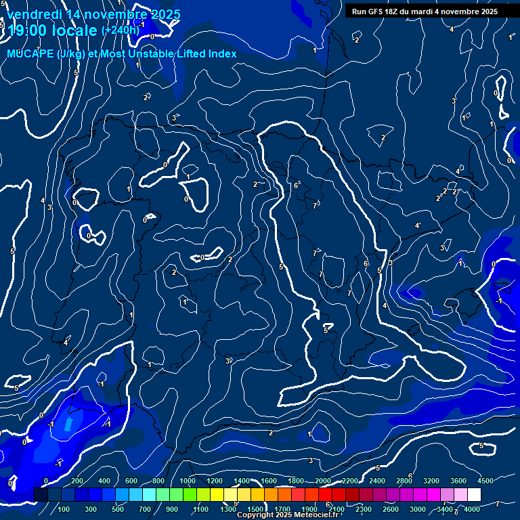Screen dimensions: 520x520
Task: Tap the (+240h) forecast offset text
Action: tap(120, 30)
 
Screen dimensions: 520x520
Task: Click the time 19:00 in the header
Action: tap(29, 30)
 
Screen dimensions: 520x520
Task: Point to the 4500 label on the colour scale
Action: tap(485, 481)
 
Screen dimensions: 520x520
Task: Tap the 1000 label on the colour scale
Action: tap(188, 481)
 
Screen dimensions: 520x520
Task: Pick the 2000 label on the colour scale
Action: tap(323, 481)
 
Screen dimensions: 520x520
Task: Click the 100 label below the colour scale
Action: tap(64, 509)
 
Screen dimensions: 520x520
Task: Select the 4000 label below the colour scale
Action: tap(472, 509)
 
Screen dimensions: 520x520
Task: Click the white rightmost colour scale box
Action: tap(474, 495)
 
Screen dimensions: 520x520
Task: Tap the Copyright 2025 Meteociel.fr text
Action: tap(287, 515)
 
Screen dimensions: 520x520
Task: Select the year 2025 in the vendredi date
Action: tap(165, 14)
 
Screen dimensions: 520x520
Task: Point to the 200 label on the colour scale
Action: tap(77, 481)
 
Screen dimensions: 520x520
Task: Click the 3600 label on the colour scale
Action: tap(458, 481)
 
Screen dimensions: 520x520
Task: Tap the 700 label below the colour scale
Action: tap(145, 509)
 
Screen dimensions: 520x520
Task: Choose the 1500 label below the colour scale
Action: tap(255, 509)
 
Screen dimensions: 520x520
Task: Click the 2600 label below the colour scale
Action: tap(391, 509)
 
